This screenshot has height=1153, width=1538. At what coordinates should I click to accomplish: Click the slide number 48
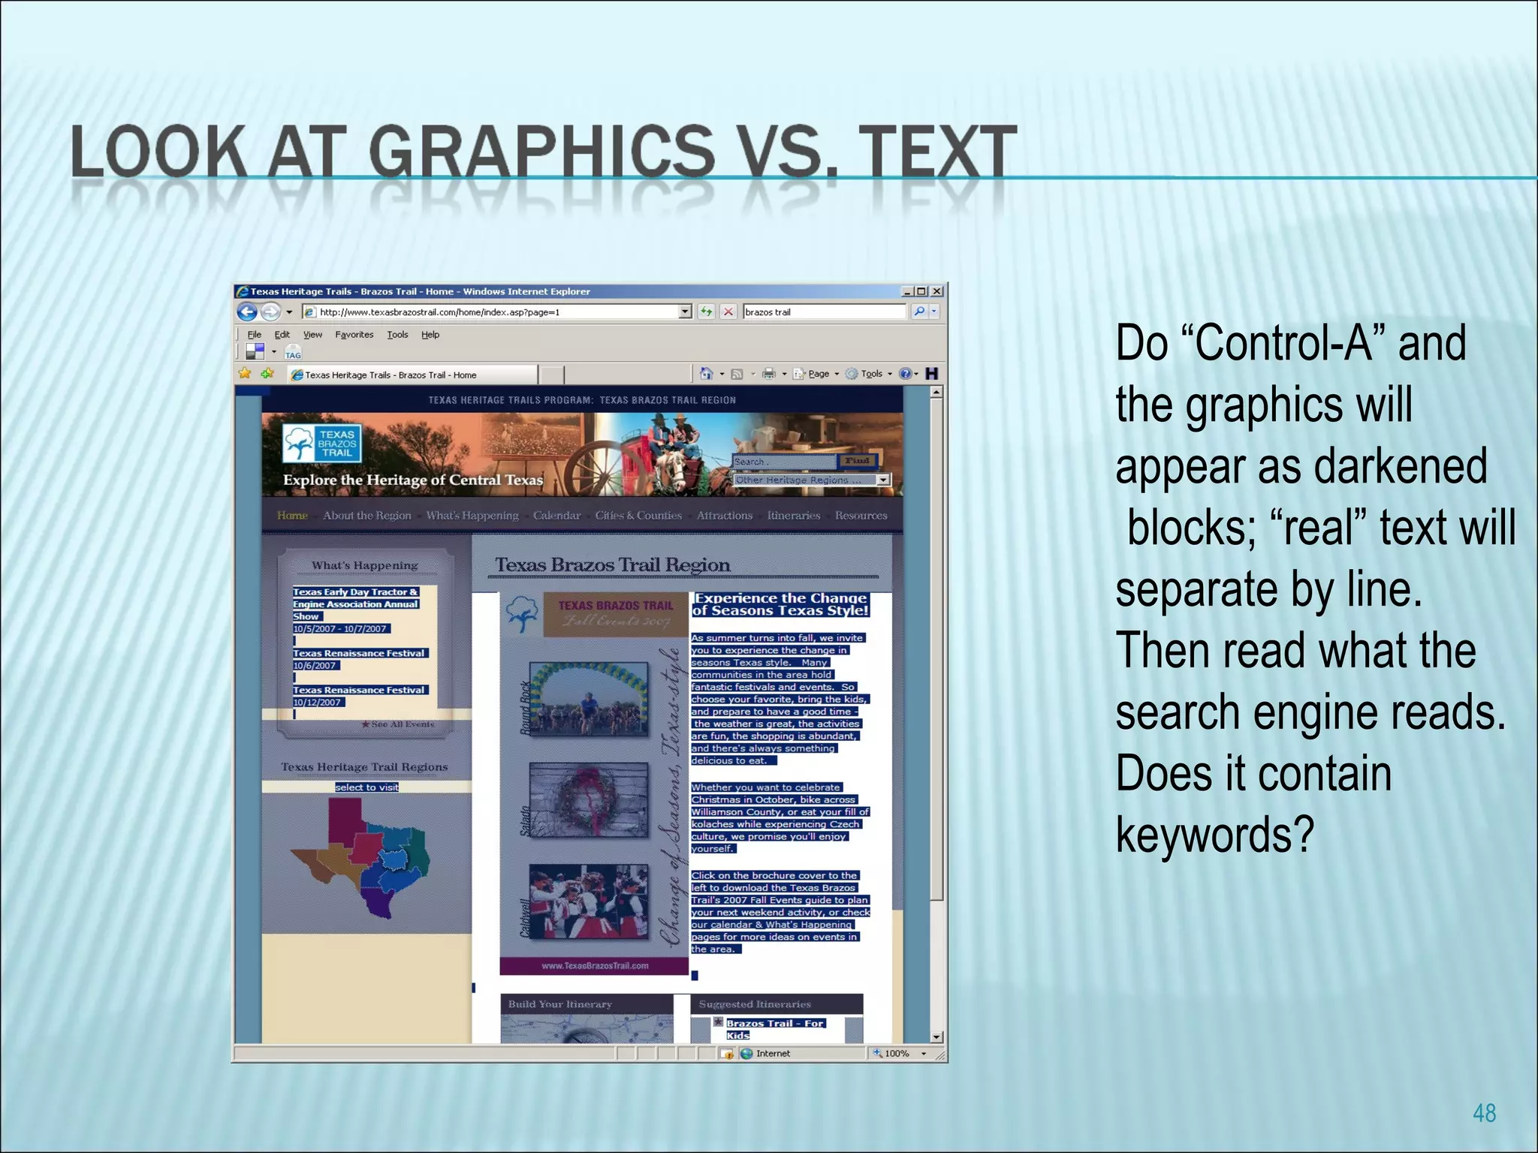[1484, 1112]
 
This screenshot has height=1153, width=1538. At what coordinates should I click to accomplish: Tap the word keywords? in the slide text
[1214, 834]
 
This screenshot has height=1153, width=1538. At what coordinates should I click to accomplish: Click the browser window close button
[936, 291]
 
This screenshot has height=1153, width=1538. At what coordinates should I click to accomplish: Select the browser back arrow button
[246, 312]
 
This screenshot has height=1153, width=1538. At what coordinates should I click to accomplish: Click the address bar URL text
[439, 312]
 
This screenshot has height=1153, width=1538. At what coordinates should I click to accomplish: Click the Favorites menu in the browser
[354, 335]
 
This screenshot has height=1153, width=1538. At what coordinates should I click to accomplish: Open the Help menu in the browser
[430, 335]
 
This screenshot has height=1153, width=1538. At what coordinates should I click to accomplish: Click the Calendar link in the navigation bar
[556, 516]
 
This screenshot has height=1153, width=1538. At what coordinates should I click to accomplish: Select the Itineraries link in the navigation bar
[793, 516]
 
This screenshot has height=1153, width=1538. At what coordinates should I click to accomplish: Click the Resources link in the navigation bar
[861, 516]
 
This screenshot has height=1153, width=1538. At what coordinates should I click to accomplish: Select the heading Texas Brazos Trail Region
[612, 565]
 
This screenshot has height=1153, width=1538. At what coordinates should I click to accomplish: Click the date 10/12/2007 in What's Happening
[317, 703]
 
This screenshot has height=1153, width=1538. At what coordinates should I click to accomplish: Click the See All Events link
[398, 724]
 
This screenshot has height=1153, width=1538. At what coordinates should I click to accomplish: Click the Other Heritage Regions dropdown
[811, 480]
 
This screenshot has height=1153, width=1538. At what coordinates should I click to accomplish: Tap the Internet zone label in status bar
[772, 1053]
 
